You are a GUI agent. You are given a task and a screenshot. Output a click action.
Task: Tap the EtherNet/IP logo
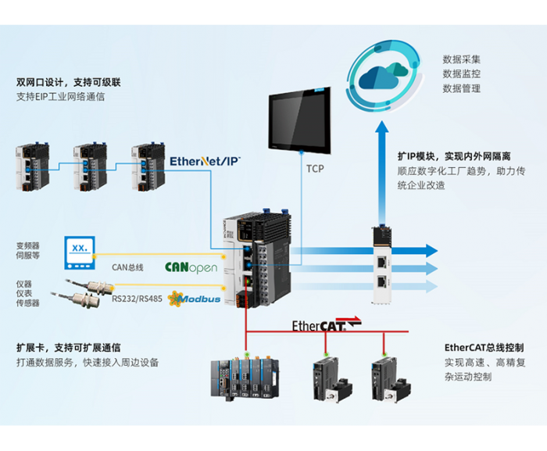205,160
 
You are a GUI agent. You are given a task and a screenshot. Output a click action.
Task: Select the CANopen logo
191,267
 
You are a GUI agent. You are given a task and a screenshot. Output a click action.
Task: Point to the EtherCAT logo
327,324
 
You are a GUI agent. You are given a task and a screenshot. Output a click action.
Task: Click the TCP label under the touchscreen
315,169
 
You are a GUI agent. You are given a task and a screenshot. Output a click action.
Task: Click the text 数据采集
462,59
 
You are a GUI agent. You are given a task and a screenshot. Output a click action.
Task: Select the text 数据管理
462,88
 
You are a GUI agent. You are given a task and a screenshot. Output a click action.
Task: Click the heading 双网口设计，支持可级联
69,82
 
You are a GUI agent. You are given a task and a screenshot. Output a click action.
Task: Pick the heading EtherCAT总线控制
484,347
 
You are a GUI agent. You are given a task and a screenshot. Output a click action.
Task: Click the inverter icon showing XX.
80,248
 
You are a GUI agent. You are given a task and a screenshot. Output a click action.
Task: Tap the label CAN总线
127,267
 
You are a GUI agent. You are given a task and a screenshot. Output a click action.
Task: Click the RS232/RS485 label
138,297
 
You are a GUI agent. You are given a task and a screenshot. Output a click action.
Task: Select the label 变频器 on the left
27,245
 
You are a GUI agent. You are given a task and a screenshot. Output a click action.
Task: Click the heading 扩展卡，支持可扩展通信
69,347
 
